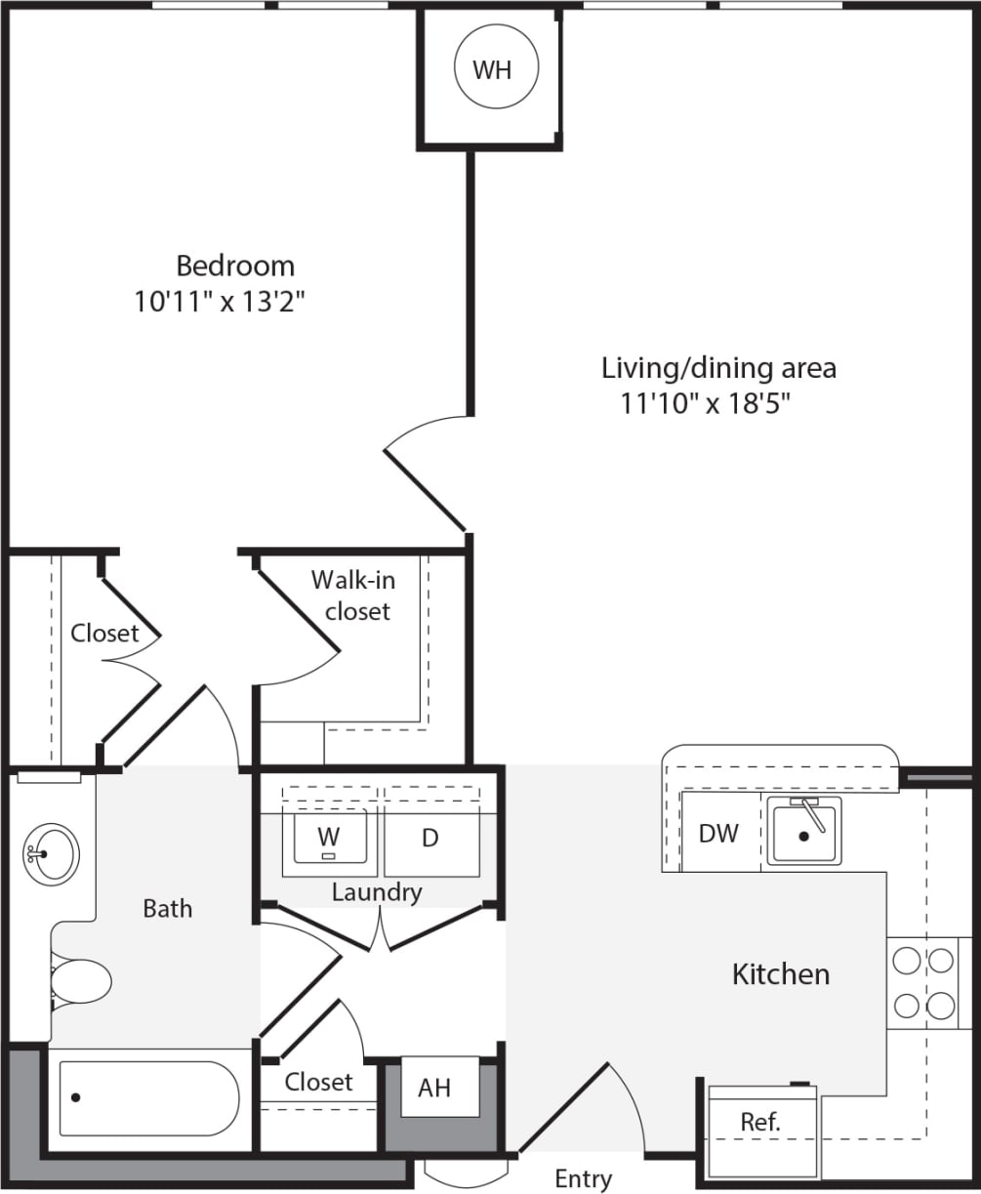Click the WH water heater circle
tap(491, 70)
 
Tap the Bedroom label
tap(235, 266)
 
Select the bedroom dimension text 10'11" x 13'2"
tap(221, 302)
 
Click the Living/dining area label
tap(718, 368)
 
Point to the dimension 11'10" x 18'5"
tap(704, 403)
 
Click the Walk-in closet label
tap(354, 596)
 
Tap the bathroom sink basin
tap(51, 854)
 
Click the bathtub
tap(148, 1098)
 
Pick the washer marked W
tap(329, 837)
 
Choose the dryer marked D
tap(430, 839)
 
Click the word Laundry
tap(377, 891)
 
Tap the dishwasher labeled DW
tap(718, 833)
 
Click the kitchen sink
tap(803, 832)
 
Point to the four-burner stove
tap(923, 982)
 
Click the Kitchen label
tap(781, 973)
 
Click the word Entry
tap(583, 1178)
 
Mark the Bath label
tap(168, 908)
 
